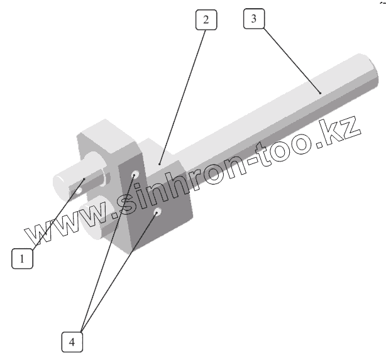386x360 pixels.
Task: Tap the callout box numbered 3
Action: point(253,19)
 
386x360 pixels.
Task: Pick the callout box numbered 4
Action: point(72,342)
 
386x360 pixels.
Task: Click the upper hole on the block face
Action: point(135,173)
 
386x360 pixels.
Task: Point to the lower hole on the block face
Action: point(157,213)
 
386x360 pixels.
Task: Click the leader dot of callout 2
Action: point(160,164)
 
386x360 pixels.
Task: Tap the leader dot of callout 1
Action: point(84,181)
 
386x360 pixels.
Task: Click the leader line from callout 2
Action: point(183,94)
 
